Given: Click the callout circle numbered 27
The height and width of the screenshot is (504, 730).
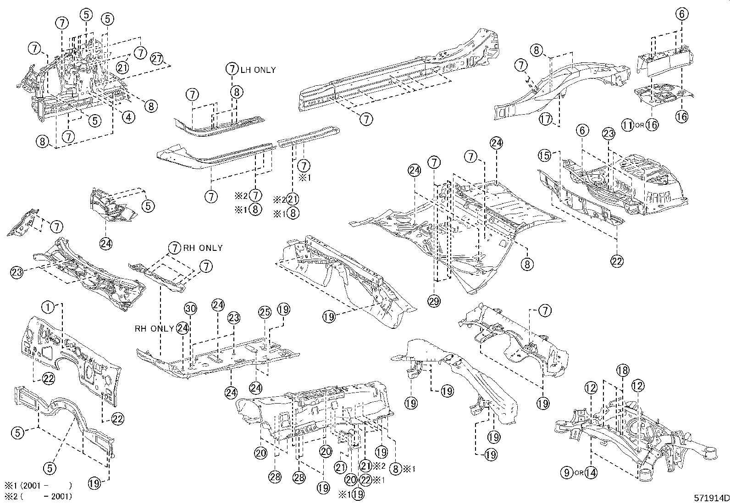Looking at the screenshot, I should click(x=157, y=59).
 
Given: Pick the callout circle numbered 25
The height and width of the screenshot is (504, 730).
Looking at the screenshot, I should click(x=265, y=312).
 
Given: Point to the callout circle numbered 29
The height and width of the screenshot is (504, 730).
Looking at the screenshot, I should click(x=434, y=301).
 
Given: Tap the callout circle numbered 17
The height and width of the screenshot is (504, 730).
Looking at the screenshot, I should click(x=544, y=119).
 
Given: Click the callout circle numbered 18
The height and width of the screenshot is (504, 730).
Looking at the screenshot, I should click(x=622, y=371).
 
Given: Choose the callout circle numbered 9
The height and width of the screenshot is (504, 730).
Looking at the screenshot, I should click(x=567, y=472).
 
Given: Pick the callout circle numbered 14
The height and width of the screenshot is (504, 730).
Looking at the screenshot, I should click(x=591, y=472).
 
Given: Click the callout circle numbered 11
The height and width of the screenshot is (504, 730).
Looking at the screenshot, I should click(x=628, y=125).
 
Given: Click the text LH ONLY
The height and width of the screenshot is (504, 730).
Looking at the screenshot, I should click(x=259, y=70).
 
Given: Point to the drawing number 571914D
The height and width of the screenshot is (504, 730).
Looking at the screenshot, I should click(x=711, y=498).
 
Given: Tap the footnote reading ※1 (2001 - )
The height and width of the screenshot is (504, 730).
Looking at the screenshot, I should click(x=39, y=485).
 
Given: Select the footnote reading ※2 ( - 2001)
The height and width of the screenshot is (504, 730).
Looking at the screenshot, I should click(x=39, y=496).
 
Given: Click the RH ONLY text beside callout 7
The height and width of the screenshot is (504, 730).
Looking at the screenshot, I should click(x=203, y=248).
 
